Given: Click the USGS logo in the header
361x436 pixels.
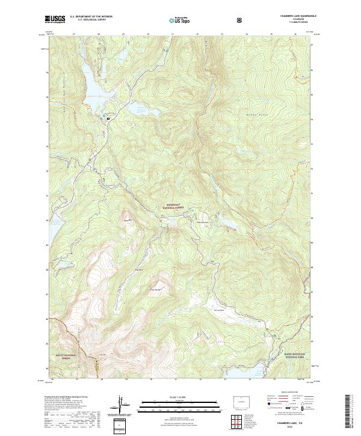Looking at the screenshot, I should [55, 20].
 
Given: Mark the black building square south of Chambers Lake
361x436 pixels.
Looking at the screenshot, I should [108, 118].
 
